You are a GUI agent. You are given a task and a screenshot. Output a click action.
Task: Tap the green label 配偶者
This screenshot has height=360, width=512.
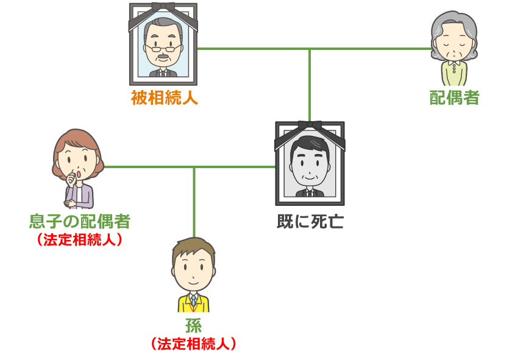454,97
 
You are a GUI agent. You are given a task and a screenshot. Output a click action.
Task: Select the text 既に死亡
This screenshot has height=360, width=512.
310,221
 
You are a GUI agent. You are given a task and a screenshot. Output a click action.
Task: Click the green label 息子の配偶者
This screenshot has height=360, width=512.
80,221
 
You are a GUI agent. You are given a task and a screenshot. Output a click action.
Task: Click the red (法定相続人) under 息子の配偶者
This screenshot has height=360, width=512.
80,239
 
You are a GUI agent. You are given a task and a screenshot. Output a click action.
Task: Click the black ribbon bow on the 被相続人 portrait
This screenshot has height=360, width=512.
164,8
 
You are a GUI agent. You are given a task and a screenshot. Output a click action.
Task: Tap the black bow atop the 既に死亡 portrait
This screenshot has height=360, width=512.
310,127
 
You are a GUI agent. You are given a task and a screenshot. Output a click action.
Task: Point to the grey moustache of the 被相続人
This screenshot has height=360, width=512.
163,59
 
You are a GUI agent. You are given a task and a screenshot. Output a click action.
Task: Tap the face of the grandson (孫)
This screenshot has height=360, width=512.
194,273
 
